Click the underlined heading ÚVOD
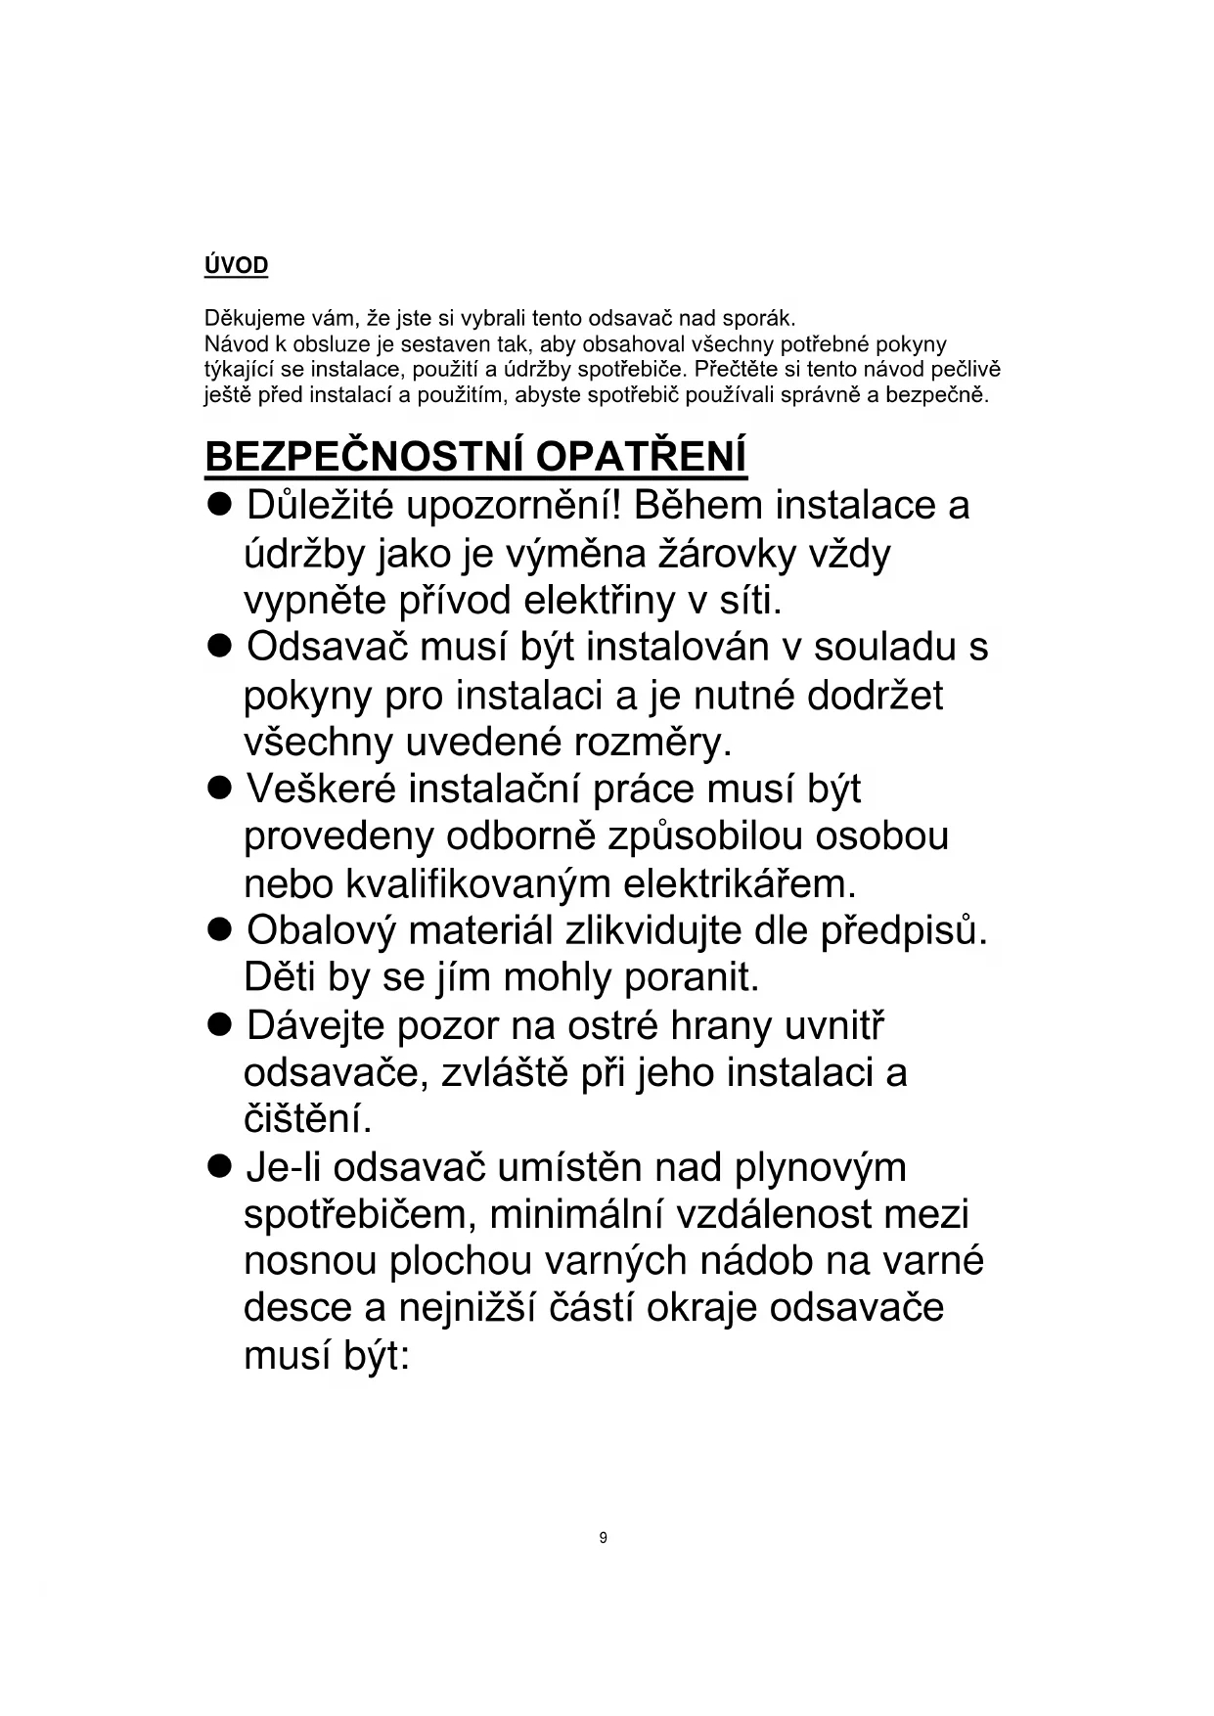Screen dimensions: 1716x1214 pyautogui.click(x=236, y=265)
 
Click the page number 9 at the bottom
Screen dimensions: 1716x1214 pyautogui.click(x=603, y=1538)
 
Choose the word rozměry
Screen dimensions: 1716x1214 pyautogui.click(x=652, y=743)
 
